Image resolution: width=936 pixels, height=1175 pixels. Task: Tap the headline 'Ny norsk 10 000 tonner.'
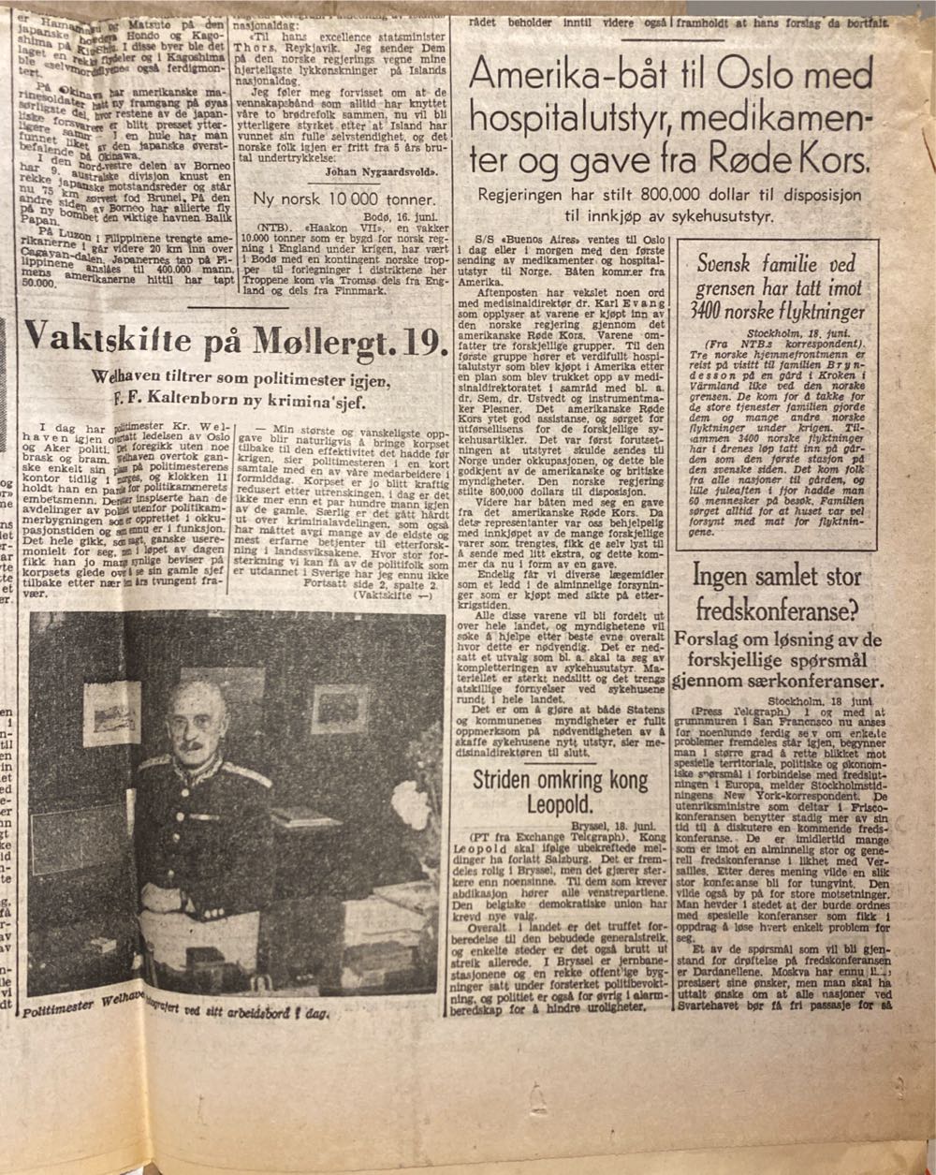[x=344, y=199]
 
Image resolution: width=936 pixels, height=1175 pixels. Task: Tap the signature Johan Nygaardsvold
[x=374, y=171]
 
